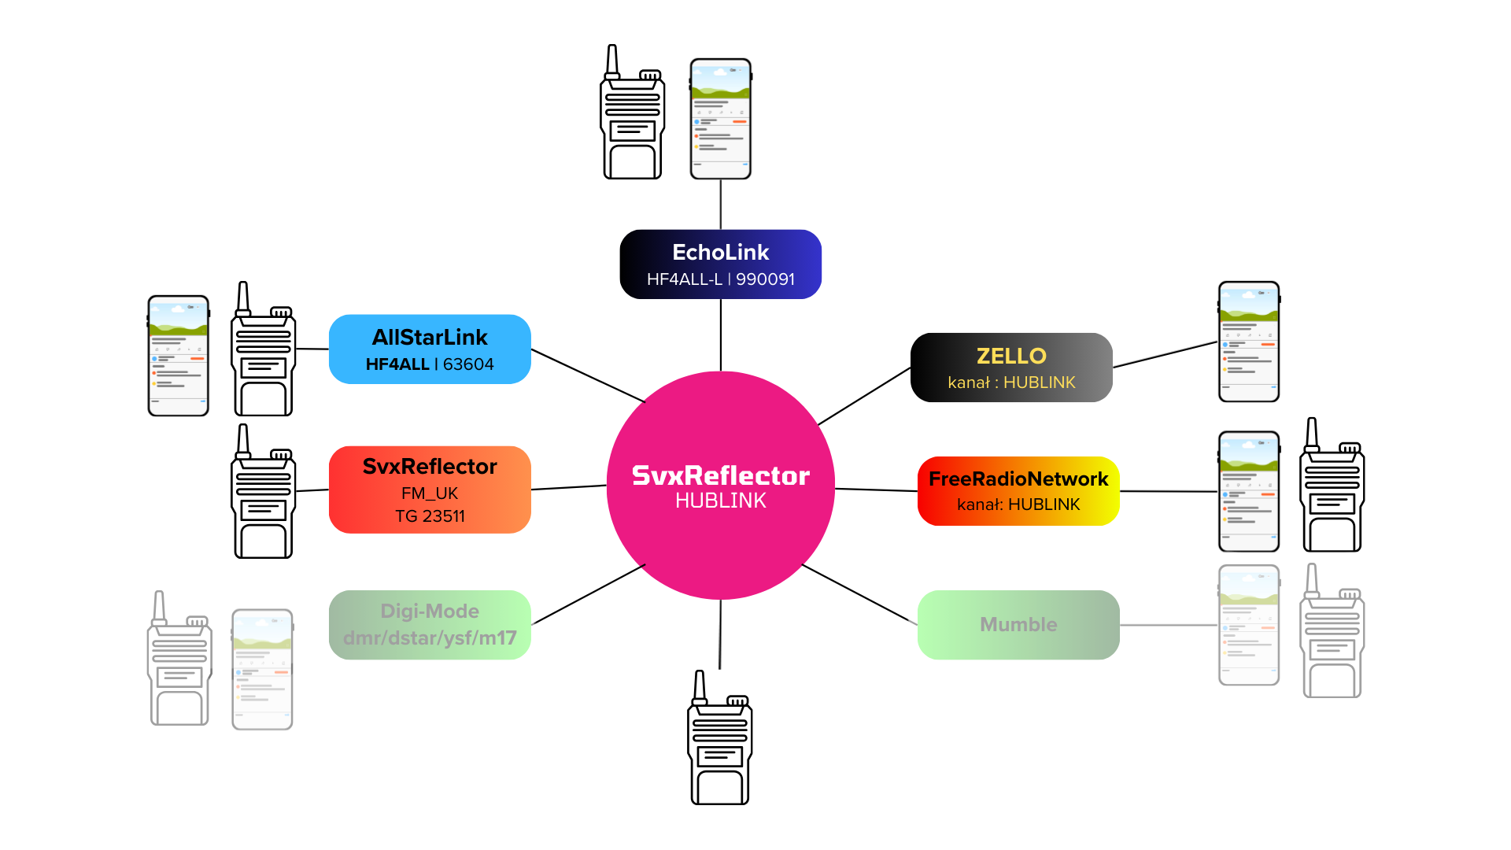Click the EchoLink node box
720,264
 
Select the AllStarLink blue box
430,349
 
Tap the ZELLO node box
1011,368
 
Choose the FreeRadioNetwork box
1018,491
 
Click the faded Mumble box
1018,625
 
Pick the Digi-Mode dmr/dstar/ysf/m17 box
430,625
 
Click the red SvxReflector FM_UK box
430,490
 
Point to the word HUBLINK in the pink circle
720,501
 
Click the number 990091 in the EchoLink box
765,279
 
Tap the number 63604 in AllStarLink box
468,364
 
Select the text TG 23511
430,516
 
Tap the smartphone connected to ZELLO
1249,342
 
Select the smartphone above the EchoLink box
720,119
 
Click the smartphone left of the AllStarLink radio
179,356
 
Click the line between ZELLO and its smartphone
1165,354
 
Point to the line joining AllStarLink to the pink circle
588,376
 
